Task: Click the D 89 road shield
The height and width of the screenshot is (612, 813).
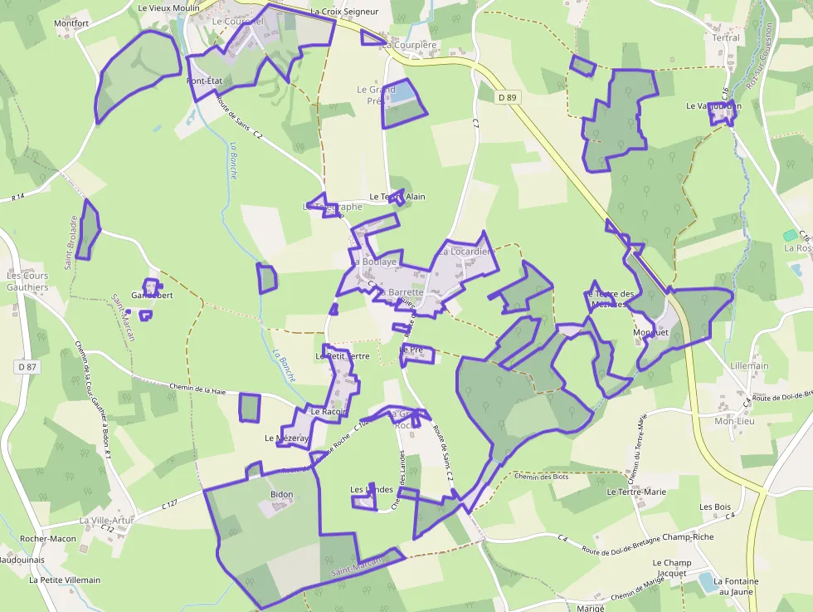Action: tap(507, 97)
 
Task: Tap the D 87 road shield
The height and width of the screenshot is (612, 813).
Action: tap(27, 366)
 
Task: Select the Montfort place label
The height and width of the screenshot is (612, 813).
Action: tap(71, 23)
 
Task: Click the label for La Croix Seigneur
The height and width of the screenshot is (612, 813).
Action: tap(344, 12)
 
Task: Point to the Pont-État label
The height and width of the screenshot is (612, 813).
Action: tap(205, 81)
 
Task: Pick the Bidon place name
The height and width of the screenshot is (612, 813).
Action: tap(282, 494)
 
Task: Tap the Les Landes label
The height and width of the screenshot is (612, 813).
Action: tap(372, 489)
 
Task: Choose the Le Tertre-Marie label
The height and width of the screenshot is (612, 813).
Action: tap(636, 492)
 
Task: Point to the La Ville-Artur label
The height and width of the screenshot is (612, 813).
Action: tap(106, 521)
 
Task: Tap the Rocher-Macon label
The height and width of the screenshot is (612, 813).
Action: tap(48, 538)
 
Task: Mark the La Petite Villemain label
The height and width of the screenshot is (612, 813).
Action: tap(65, 580)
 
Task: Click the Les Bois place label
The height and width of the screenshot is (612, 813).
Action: tap(715, 507)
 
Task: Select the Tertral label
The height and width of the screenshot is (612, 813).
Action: tap(726, 37)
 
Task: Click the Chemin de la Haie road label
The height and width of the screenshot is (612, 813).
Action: tap(197, 389)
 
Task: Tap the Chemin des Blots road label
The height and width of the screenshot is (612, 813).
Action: tap(542, 477)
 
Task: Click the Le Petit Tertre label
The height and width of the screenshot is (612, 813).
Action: tap(343, 355)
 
